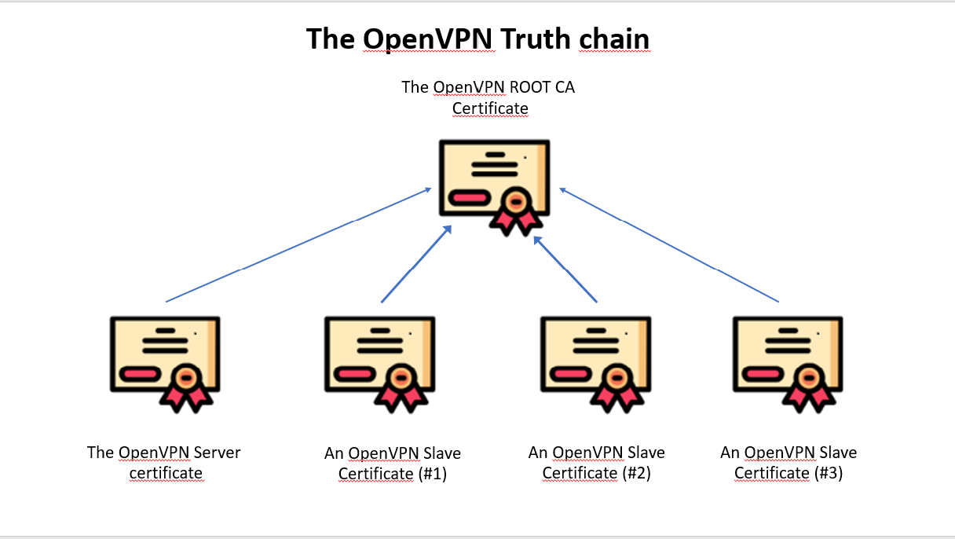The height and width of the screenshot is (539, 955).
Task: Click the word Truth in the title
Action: [535, 38]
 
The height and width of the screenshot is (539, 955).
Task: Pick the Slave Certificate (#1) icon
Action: [379, 362]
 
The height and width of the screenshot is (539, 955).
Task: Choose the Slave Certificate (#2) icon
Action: [595, 362]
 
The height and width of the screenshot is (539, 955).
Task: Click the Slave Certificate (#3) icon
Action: [788, 362]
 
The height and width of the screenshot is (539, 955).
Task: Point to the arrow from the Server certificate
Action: [298, 245]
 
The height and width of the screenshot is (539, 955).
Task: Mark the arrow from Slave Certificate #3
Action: [668, 245]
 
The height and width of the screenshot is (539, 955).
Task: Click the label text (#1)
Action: [432, 474]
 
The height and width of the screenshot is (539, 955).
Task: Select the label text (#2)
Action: [636, 474]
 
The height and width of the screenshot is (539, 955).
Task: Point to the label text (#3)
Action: [828, 474]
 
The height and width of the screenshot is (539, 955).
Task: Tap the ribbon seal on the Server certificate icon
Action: [185, 385]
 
